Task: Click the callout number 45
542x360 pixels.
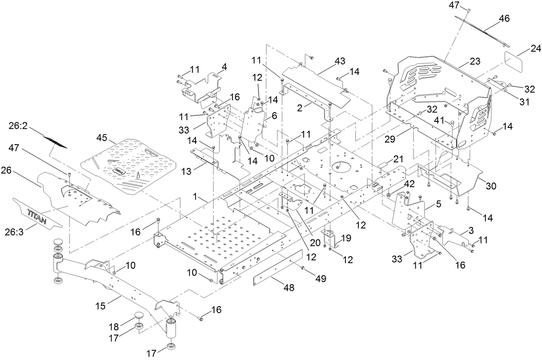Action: [102, 137]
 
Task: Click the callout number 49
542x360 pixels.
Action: [320, 279]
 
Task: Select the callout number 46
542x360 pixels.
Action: [492, 19]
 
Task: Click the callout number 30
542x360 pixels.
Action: [491, 186]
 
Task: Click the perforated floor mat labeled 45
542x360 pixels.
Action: [129, 166]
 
